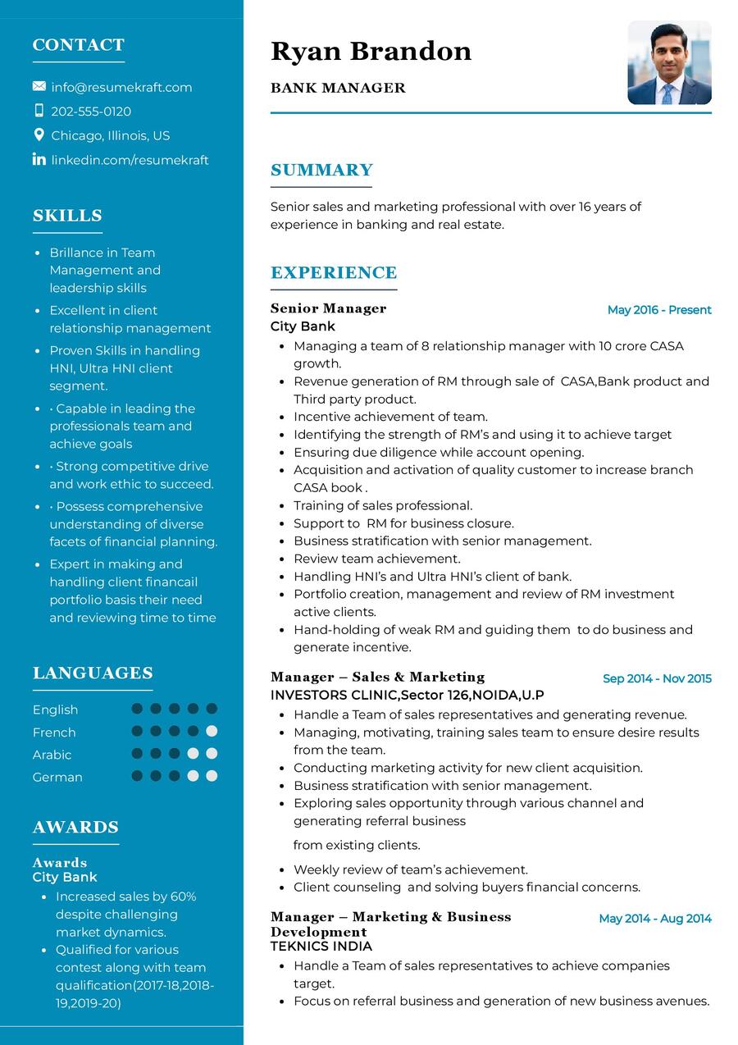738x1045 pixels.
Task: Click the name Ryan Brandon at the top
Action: click(x=371, y=52)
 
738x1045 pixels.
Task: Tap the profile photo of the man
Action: click(x=669, y=63)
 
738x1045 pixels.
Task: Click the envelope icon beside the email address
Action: click(x=39, y=86)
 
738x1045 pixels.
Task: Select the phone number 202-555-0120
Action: click(x=91, y=112)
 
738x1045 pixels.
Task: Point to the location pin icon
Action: click(x=39, y=135)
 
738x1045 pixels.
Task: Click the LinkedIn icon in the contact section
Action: click(x=39, y=159)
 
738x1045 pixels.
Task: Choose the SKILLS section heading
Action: click(x=67, y=216)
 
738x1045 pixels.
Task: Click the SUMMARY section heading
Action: click(x=321, y=170)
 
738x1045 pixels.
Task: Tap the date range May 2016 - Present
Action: click(x=659, y=310)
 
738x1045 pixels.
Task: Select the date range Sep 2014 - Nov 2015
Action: click(x=657, y=678)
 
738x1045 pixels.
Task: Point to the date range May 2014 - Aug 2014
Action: click(x=655, y=919)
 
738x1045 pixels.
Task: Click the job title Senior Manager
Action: click(x=328, y=308)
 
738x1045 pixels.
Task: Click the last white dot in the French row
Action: click(x=212, y=731)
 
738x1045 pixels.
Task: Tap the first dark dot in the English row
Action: click(x=137, y=709)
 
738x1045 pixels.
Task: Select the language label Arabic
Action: click(x=52, y=755)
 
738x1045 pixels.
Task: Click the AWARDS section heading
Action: click(x=75, y=827)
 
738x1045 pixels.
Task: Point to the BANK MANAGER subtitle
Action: click(x=338, y=88)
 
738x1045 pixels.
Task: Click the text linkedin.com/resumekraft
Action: click(x=130, y=160)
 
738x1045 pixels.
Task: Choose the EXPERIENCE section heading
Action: click(x=334, y=272)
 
